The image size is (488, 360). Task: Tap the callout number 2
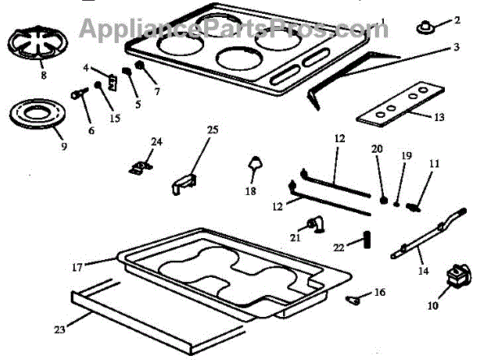coord(456,20)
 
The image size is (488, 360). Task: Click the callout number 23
coord(59,329)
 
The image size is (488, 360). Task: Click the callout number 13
coord(439,117)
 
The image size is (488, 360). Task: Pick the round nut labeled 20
coord(382,197)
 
